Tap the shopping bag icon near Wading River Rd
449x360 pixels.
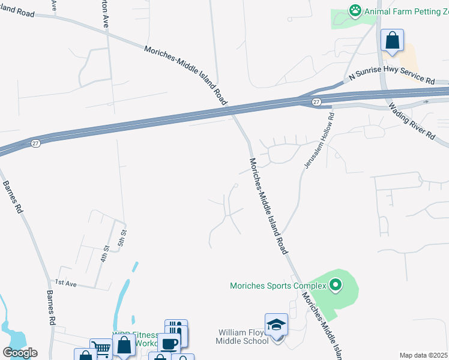pos(392,41)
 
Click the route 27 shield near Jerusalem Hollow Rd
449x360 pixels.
pos(316,103)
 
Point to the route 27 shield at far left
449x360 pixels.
pos(36,144)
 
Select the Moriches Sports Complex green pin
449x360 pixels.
pos(336,285)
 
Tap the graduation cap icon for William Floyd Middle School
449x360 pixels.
pos(276,325)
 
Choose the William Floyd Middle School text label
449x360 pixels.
pos(242,337)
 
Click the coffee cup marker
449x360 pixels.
pos(169,344)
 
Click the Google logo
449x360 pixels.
pos(20,353)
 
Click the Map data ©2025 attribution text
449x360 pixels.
pos(424,355)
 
